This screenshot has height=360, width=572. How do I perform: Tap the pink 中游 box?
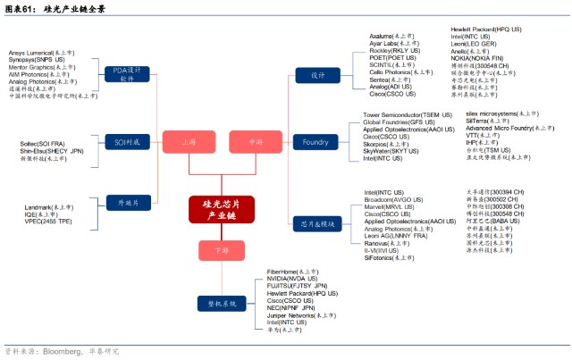pyautogui.click(x=254, y=142)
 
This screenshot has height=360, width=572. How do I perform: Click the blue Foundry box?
pyautogui.click(x=315, y=142)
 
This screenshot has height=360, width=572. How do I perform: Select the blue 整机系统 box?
pyautogui.click(x=223, y=304)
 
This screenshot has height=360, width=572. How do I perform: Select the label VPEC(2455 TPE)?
pyautogui.click(x=48, y=221)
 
